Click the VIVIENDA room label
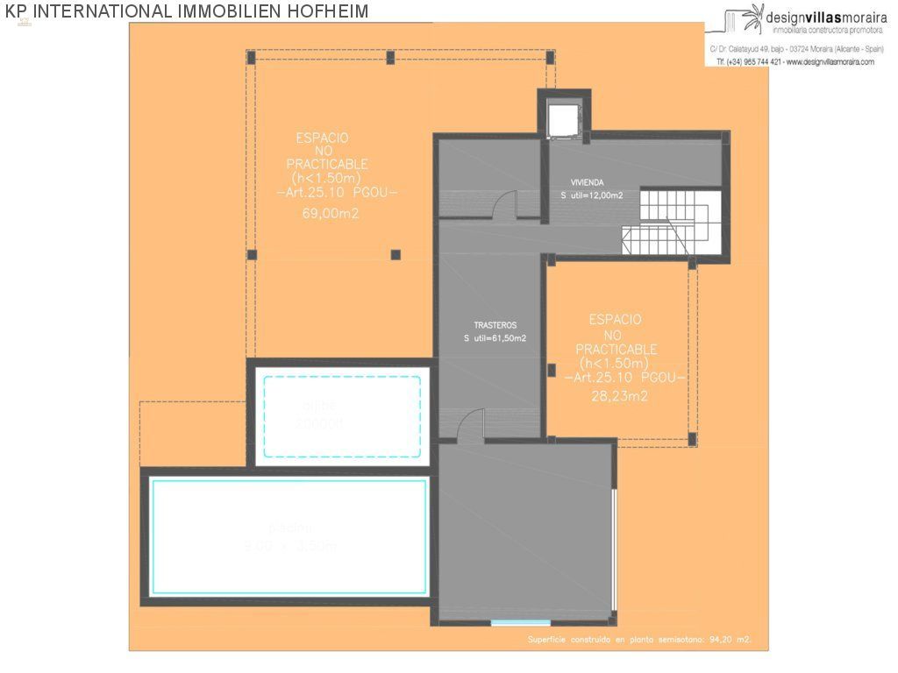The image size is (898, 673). coord(587,182)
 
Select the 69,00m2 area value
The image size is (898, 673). coord(331,213)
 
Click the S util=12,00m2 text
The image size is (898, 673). coord(592,195)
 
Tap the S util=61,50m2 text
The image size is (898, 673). coord(495,338)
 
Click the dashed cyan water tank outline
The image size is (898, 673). coord(341,415)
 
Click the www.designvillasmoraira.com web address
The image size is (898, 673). coord(824,62)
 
